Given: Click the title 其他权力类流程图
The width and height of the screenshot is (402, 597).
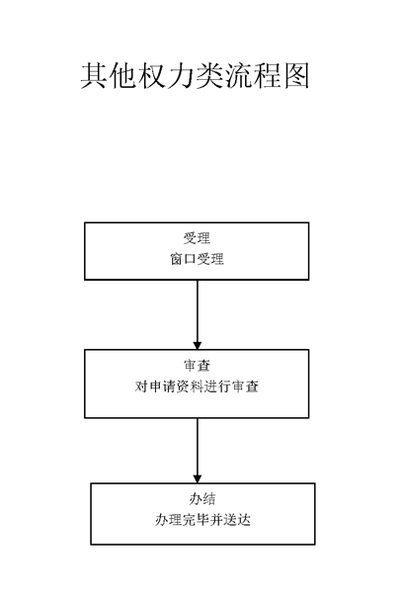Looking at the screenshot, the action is pos(195,76).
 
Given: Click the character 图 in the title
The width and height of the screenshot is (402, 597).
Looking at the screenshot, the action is pos(295,76).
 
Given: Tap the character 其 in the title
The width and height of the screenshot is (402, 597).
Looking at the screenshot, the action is pos(94,76).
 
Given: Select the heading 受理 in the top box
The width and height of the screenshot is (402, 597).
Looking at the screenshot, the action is pos(197,239).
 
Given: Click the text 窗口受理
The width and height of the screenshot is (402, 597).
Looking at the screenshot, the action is pos(197,259).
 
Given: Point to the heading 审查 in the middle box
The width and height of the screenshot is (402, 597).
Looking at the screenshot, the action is pos(197,366).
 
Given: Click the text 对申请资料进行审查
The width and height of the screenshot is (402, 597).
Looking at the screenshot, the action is pos(197,386).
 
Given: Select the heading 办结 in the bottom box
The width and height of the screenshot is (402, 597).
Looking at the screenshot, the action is pos(202,499).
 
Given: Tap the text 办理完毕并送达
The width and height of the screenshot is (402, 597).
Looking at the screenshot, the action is pos(202,520).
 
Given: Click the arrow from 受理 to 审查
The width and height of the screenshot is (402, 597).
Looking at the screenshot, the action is pos(197,315).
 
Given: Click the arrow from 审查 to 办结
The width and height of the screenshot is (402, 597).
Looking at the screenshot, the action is pos(197,451).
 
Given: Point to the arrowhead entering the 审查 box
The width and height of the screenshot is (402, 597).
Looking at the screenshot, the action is pos(197,345).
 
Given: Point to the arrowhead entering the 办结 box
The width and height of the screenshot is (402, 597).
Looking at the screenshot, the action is pos(197,479).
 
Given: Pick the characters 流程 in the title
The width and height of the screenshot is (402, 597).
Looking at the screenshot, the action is pos(253,76).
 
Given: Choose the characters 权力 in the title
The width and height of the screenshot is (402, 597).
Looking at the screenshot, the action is pos(165,76).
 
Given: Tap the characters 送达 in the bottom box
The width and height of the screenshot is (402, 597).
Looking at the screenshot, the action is pos(237,520).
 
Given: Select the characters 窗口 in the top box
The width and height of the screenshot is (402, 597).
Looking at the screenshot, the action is pos(183,259).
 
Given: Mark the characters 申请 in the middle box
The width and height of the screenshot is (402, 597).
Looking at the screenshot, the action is pos(162,386).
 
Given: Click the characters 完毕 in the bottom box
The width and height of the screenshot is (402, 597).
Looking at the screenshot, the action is pos(196,520).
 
